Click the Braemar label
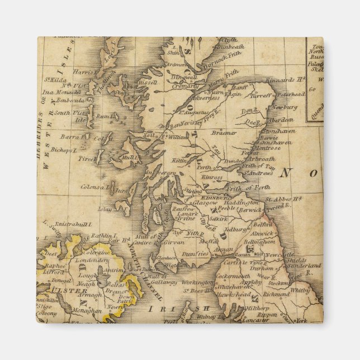click(x=224, y=133)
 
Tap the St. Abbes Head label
click(x=284, y=199)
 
